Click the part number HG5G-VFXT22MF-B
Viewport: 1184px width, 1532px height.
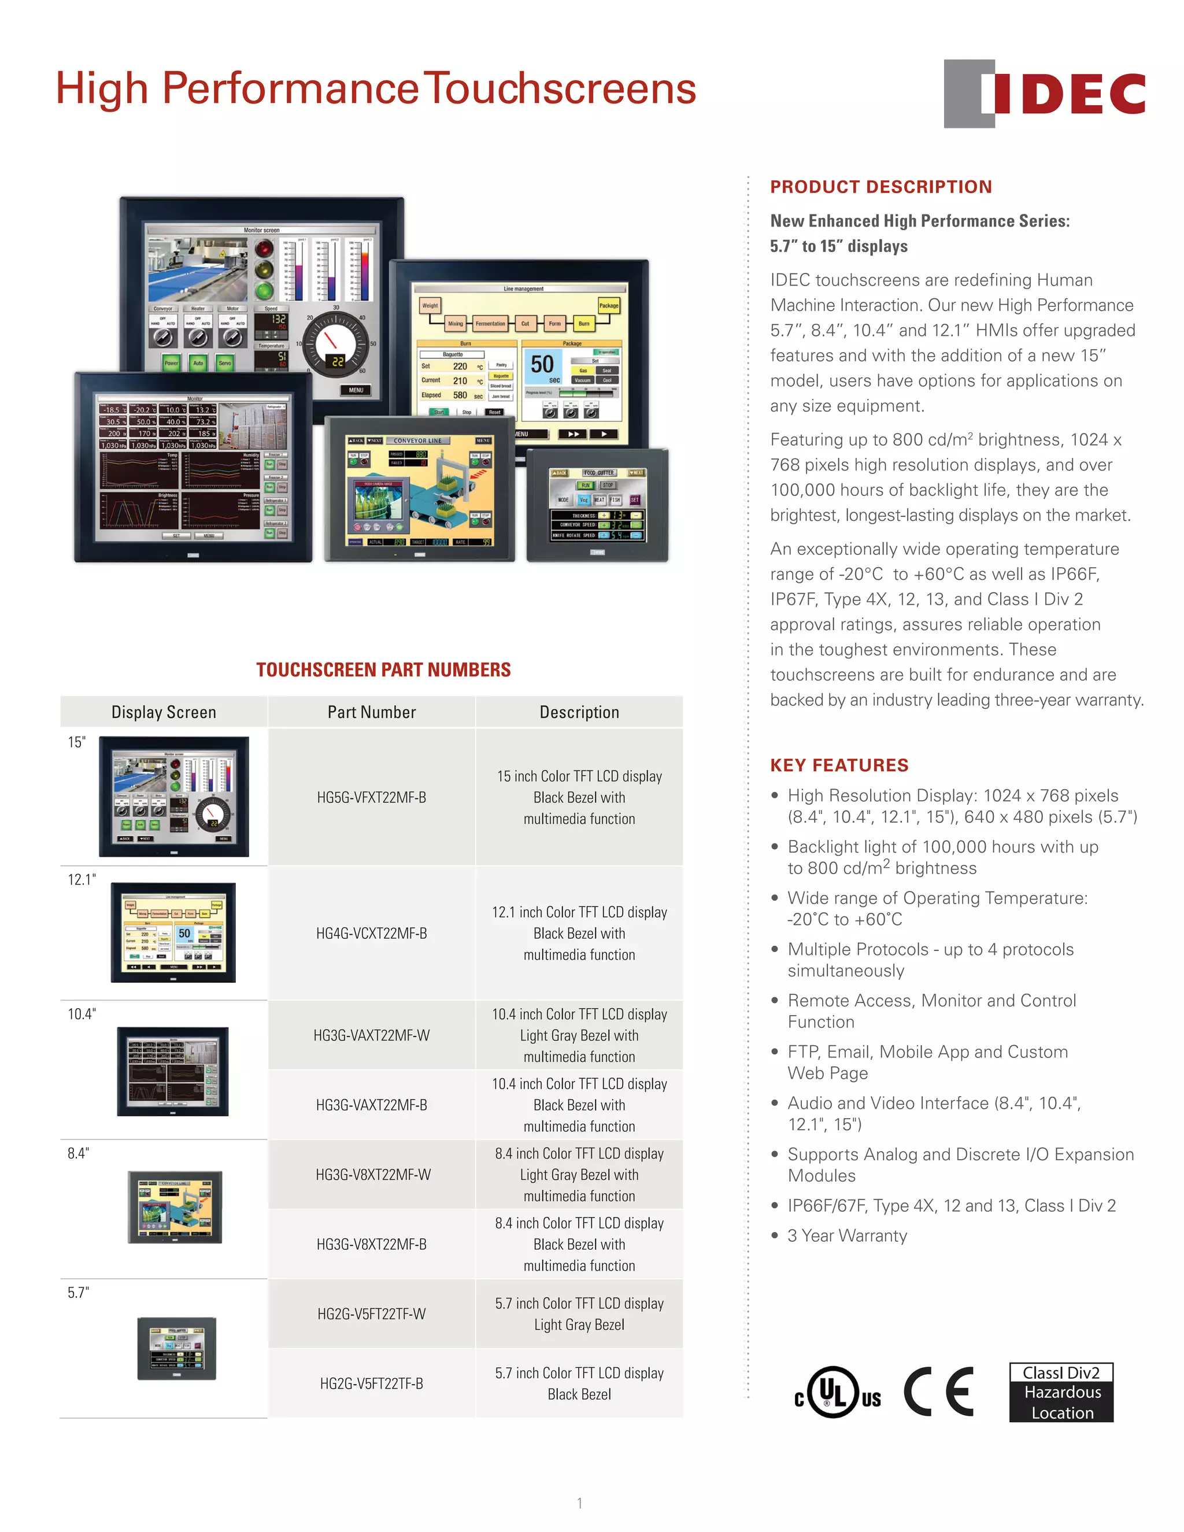371,798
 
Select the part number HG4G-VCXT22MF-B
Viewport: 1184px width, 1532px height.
371,934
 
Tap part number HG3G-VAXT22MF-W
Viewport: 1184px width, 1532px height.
371,1035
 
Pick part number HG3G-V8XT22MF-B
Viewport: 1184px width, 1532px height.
371,1245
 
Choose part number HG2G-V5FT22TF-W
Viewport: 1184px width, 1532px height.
371,1314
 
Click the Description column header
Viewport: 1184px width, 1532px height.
579,712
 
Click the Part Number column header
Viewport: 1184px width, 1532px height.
371,712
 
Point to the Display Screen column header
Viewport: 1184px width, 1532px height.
164,712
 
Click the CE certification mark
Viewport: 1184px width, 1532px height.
938,1393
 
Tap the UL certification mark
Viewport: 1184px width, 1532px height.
836,1393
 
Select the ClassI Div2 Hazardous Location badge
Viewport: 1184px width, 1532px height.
1061,1393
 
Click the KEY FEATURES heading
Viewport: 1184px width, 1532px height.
839,765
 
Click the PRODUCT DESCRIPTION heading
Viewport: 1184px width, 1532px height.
881,187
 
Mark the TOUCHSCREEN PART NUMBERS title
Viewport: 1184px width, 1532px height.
383,670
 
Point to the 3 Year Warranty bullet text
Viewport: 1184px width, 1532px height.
846,1235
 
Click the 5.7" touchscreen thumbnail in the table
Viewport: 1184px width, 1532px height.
177,1349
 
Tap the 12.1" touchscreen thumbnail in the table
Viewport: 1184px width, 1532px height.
173,932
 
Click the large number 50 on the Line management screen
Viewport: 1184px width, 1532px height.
542,364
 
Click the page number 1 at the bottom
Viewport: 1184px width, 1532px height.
579,1503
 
